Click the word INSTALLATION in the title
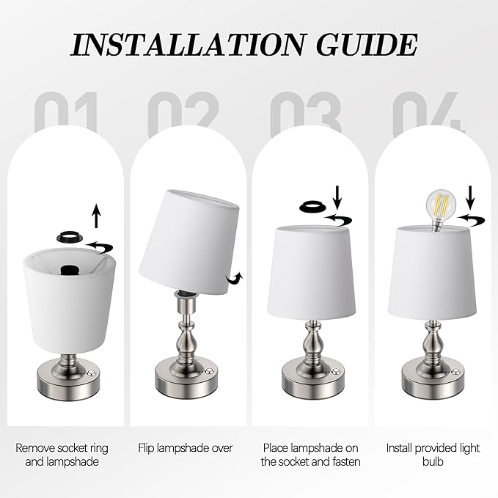[187, 44]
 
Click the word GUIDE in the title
[367, 44]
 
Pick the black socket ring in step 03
[312, 207]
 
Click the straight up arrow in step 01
[97, 216]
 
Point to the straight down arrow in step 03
[337, 197]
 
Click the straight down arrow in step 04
[470, 197]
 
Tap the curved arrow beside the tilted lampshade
[235, 279]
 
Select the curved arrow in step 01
[99, 246]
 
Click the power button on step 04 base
[456, 371]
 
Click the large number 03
[306, 113]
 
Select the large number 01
[65, 111]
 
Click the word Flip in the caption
[146, 448]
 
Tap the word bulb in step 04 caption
[433, 461]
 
